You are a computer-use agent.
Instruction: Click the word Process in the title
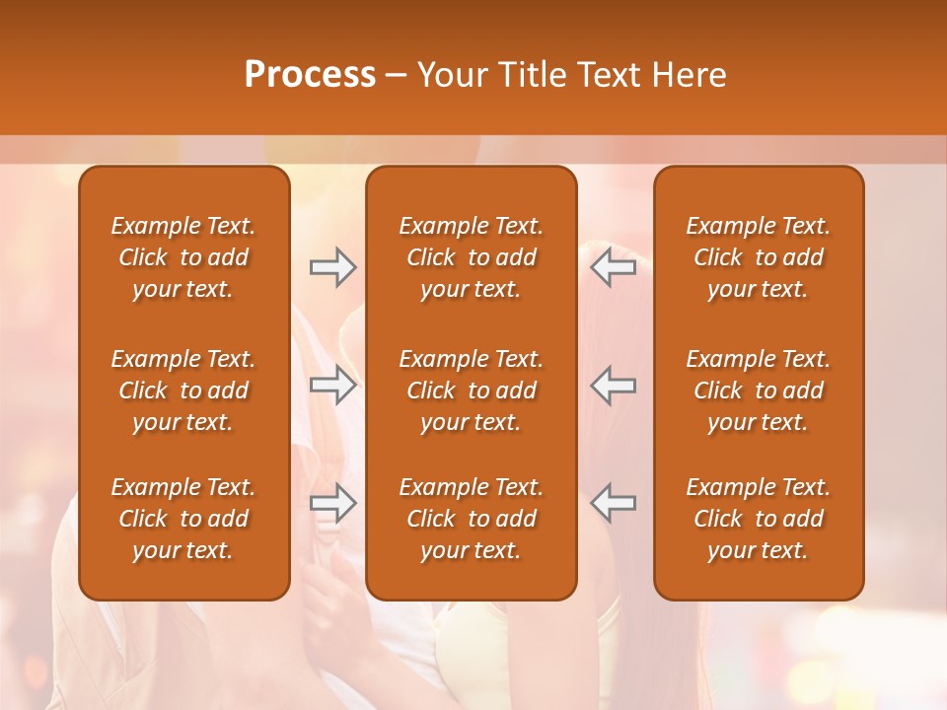pyautogui.click(x=310, y=75)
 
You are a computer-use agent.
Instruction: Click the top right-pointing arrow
pyautogui.click(x=332, y=267)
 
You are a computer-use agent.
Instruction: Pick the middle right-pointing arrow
pyautogui.click(x=332, y=385)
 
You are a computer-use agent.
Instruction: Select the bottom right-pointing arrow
pyautogui.click(x=332, y=503)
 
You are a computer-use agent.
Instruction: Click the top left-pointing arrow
pyautogui.click(x=613, y=267)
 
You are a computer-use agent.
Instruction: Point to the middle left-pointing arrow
pyautogui.click(x=613, y=385)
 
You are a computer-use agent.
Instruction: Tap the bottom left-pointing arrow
pyautogui.click(x=613, y=503)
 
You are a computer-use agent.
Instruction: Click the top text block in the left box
pyautogui.click(x=183, y=257)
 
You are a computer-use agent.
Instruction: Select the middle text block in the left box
pyautogui.click(x=183, y=390)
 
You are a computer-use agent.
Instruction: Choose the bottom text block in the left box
pyautogui.click(x=183, y=519)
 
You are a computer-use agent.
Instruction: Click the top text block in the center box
pyautogui.click(x=471, y=257)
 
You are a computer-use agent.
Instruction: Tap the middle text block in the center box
pyautogui.click(x=471, y=390)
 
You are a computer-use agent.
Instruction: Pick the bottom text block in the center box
pyautogui.click(x=471, y=519)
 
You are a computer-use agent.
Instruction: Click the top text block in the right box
pyautogui.click(x=758, y=257)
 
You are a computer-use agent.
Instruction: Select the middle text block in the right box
pyautogui.click(x=758, y=390)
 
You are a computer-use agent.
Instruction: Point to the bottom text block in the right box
pyautogui.click(x=758, y=519)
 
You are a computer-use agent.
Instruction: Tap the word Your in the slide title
pyautogui.click(x=449, y=75)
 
